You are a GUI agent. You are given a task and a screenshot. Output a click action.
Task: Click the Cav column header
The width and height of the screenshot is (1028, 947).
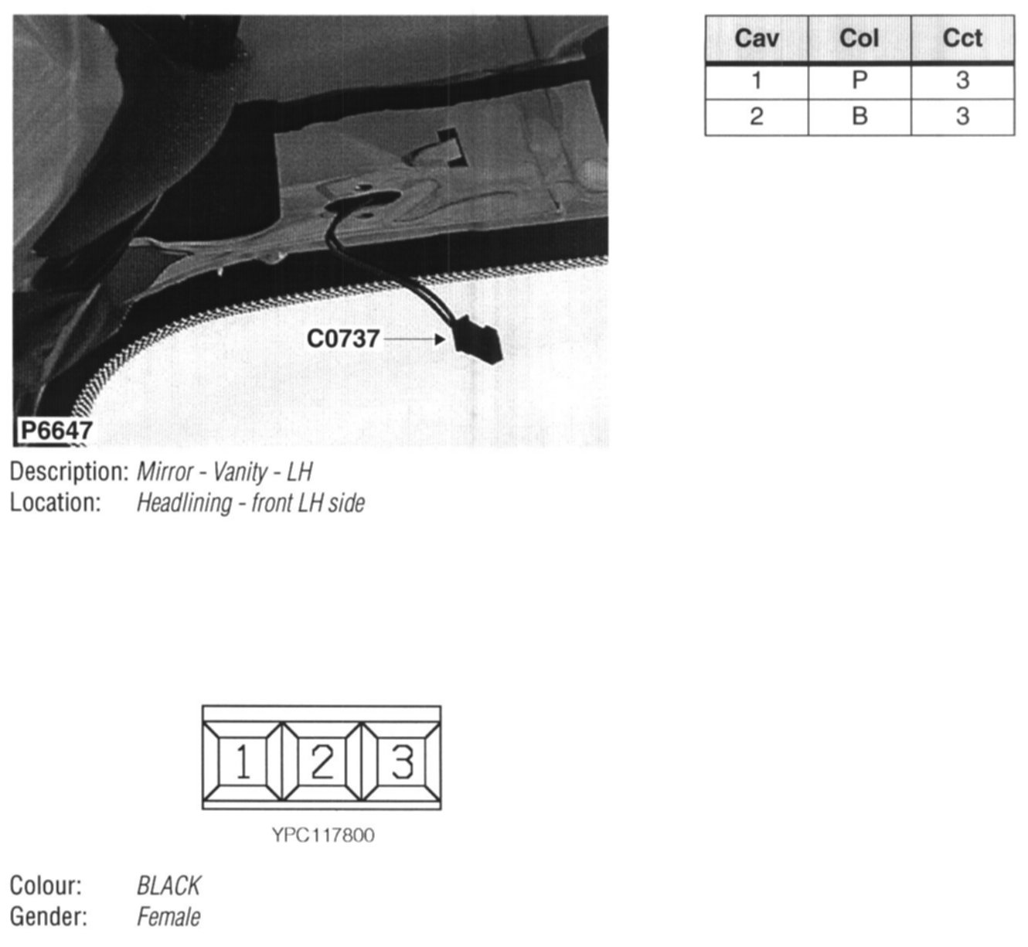757,39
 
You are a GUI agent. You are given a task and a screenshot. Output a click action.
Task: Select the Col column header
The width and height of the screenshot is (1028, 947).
860,39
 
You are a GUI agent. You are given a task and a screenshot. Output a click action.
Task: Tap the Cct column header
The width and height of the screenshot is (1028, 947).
962,39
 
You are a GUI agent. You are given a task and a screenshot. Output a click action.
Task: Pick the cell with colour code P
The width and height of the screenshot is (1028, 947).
860,80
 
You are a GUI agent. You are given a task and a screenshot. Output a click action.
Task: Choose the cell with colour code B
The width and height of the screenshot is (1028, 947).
860,117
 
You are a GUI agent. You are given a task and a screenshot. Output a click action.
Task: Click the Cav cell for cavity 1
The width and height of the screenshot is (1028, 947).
757,80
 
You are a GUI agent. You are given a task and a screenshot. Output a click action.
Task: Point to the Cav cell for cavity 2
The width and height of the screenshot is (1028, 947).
757,117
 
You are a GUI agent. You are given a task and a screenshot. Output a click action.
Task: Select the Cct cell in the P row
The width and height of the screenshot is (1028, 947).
962,80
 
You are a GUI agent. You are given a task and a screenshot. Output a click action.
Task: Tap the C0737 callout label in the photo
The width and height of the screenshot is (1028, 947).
343,339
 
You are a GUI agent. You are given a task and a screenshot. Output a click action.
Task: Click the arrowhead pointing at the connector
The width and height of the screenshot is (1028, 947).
440,339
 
